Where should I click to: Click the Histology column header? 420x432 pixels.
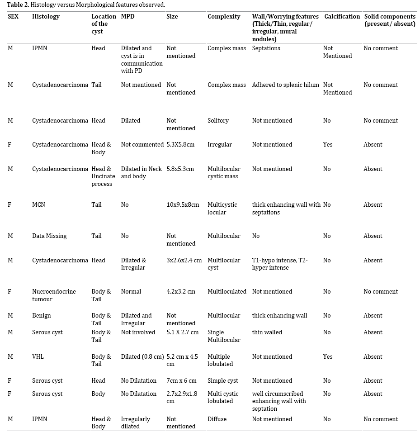pyautogui.click(x=46, y=17)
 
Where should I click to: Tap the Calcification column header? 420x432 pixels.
pyautogui.click(x=342, y=17)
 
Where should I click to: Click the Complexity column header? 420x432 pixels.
pyautogui.click(x=224, y=17)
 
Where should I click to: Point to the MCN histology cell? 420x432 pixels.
pyautogui.click(x=38, y=205)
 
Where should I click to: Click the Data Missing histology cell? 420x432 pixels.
pyautogui.click(x=49, y=236)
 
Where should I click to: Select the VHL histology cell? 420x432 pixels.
pyautogui.click(x=38, y=357)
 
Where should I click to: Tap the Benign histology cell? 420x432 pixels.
pyautogui.click(x=42, y=316)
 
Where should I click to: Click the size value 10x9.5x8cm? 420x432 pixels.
pyautogui.click(x=183, y=205)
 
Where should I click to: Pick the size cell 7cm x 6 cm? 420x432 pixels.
pyautogui.click(x=182, y=381)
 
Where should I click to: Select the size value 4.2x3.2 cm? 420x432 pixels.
pyautogui.click(x=181, y=292)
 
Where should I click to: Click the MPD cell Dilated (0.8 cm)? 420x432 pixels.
pyautogui.click(x=142, y=357)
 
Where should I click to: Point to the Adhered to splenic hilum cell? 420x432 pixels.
pyautogui.click(x=286, y=85)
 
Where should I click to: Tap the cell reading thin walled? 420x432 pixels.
pyautogui.click(x=267, y=332)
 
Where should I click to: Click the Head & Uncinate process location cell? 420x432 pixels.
pyautogui.click(x=103, y=176)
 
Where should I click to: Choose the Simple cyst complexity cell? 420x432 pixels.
pyautogui.click(x=223, y=381)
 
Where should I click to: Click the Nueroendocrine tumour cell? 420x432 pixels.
pyautogui.click(x=54, y=295)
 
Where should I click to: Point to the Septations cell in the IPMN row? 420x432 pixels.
pyautogui.click(x=266, y=48)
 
